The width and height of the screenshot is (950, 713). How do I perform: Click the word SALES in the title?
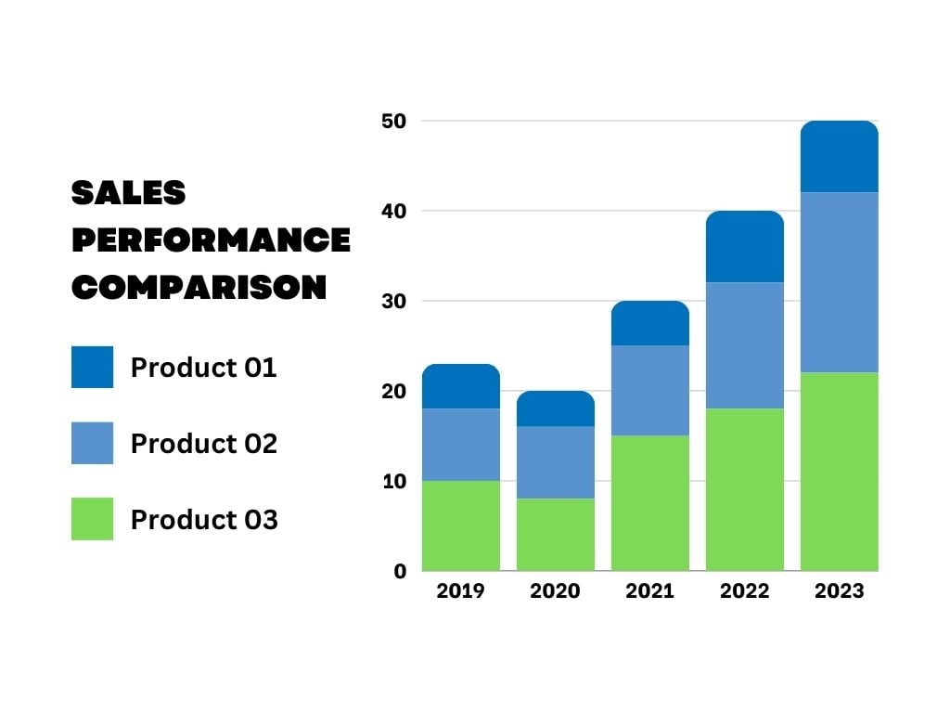[x=129, y=193]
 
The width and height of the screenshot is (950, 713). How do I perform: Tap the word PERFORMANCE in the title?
[x=211, y=240]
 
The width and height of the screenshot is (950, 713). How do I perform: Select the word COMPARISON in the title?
[x=199, y=288]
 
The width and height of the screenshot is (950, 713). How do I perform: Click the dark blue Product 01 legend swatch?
[x=92, y=368]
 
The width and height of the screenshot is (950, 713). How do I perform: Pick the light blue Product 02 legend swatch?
[x=92, y=443]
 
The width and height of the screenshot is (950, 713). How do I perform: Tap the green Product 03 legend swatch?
[x=92, y=519]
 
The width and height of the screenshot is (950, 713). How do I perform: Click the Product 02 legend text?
[x=204, y=444]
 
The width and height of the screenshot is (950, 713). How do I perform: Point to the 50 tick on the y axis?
[x=394, y=121]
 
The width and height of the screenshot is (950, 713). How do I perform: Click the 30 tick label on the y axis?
[x=394, y=301]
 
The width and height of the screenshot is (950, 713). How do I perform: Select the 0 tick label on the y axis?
[x=400, y=572]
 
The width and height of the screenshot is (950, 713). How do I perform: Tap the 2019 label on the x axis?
[x=460, y=591]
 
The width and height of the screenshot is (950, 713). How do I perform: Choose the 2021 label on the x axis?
[x=649, y=591]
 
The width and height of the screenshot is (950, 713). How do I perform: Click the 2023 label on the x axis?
[x=839, y=591]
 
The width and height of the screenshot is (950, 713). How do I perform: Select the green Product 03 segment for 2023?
[x=839, y=472]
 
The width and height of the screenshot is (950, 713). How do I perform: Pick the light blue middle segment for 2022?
[x=744, y=345]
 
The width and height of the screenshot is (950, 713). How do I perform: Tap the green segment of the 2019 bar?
[x=460, y=525]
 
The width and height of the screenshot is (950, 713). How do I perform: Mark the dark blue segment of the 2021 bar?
[x=649, y=324]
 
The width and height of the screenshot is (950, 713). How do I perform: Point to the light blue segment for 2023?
[x=839, y=282]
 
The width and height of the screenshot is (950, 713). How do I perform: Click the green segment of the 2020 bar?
[x=555, y=535]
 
